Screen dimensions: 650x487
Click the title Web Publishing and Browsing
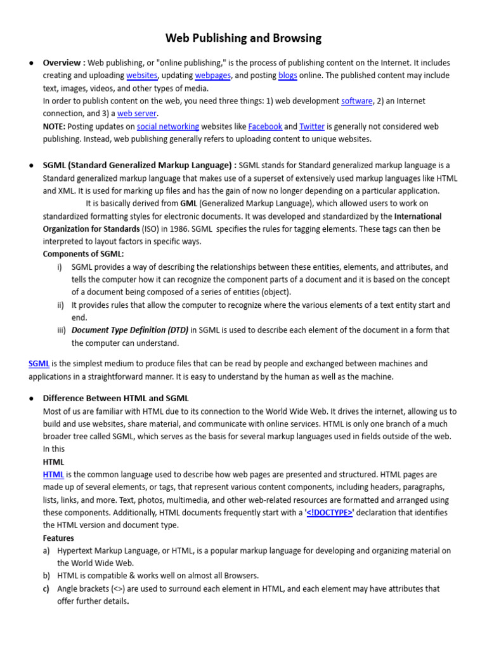point(243,38)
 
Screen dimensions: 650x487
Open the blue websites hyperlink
point(142,76)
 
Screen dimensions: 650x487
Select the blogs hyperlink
point(287,76)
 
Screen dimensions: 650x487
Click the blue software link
point(356,101)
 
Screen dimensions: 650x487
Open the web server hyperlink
point(137,114)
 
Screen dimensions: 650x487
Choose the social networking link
point(168,126)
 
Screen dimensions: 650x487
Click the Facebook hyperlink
point(265,126)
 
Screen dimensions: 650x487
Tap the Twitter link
point(312,126)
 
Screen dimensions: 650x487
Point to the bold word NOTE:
point(54,126)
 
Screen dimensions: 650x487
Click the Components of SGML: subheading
point(83,254)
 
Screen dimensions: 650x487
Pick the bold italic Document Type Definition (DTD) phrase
point(130,330)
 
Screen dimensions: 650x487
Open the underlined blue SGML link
point(39,364)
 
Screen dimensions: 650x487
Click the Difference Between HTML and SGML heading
point(115,398)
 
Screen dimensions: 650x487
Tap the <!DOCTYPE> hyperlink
point(329,512)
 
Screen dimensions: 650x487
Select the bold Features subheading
point(58,538)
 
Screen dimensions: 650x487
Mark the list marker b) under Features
point(47,576)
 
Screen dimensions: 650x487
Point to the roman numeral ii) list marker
point(61,305)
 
